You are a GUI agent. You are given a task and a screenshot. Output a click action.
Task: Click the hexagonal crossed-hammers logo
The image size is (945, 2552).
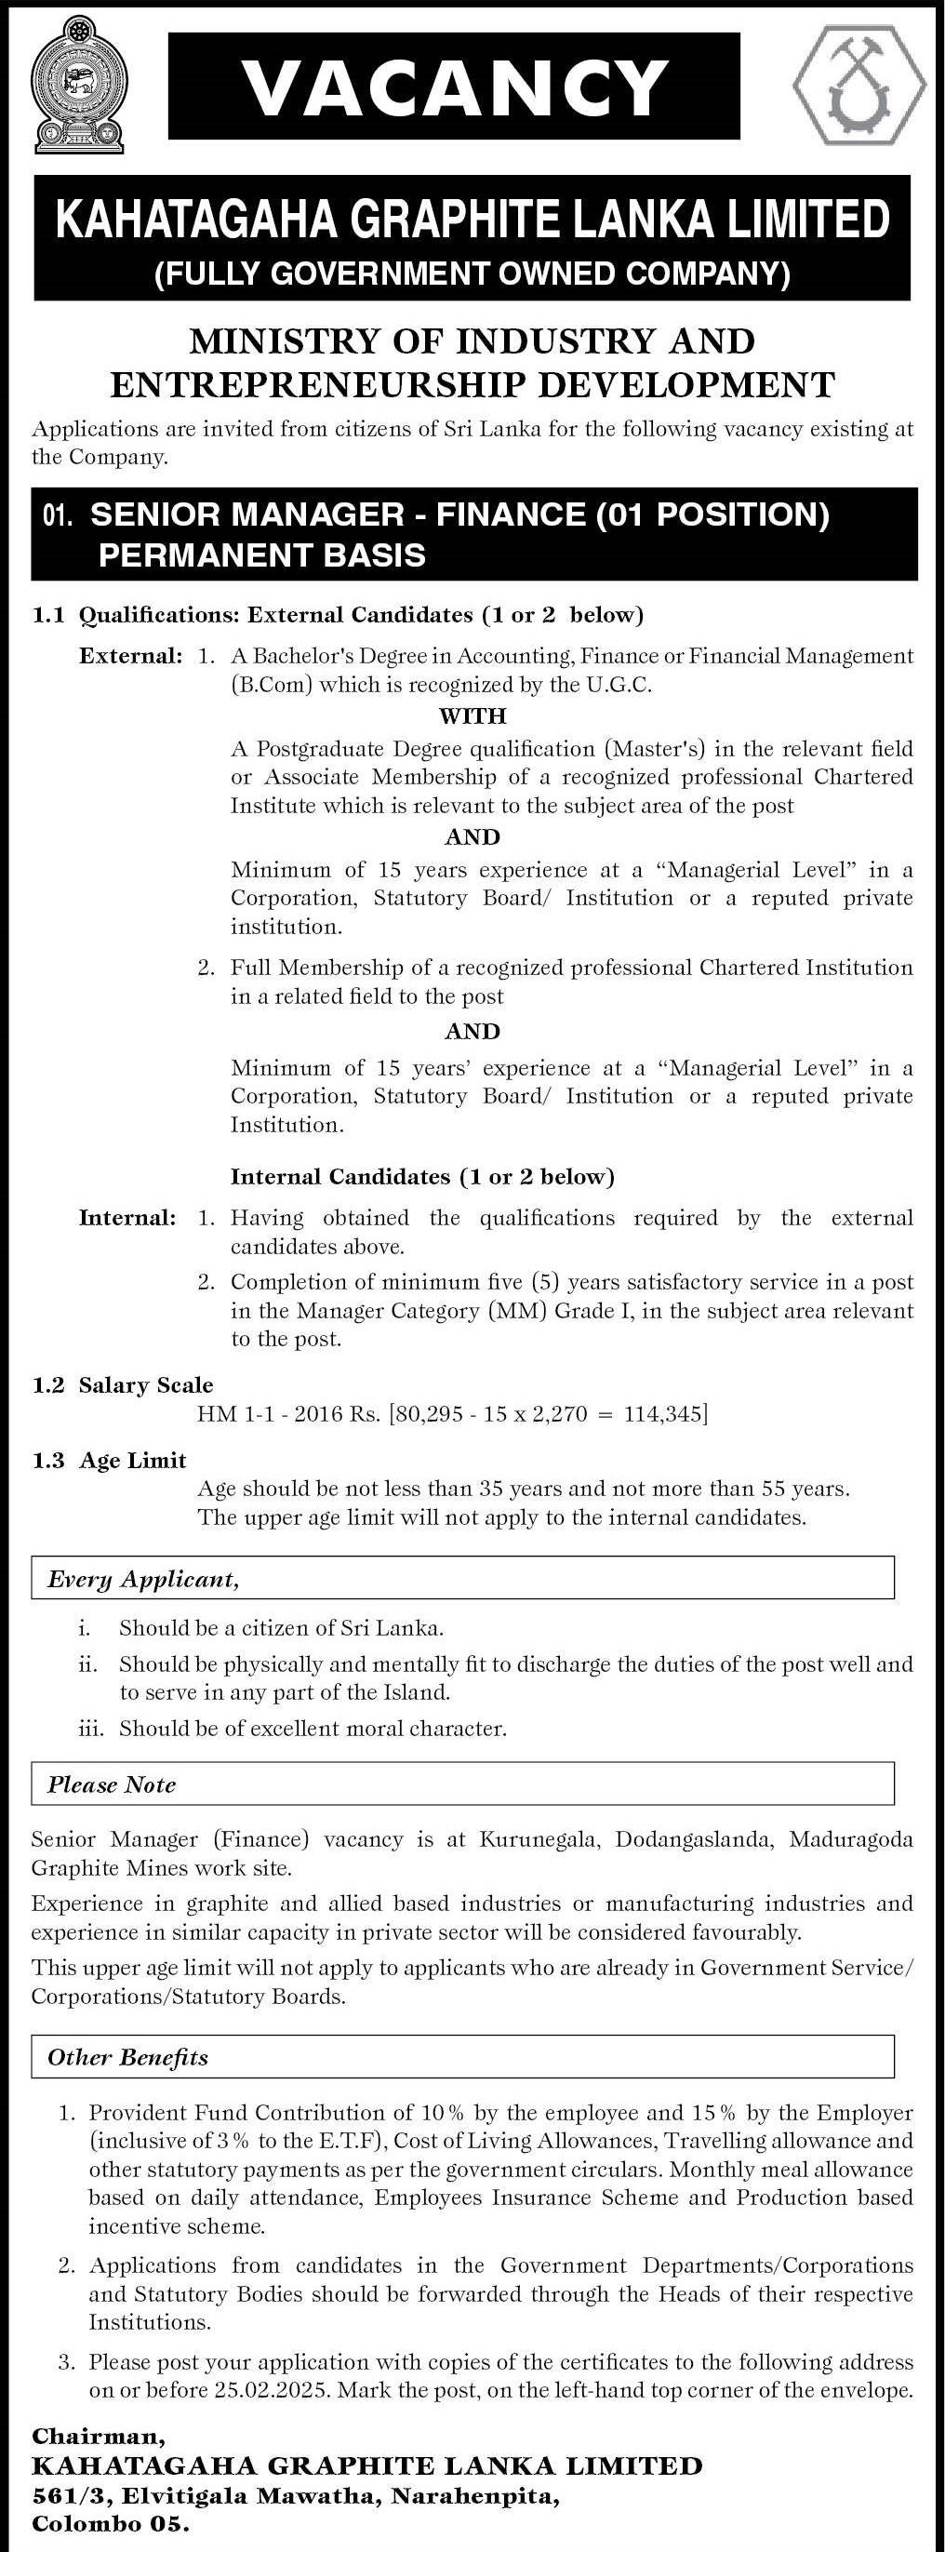(858, 87)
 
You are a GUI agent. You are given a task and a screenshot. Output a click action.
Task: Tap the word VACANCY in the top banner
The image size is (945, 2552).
(455, 87)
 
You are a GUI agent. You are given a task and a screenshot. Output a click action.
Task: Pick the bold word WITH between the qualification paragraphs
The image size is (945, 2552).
(472, 715)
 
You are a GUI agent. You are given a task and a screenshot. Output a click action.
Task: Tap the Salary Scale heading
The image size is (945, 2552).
(146, 1385)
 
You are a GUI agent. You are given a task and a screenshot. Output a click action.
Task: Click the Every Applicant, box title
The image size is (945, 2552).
(143, 1579)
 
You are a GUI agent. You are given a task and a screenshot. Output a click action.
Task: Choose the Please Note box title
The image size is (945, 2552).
(112, 1784)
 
